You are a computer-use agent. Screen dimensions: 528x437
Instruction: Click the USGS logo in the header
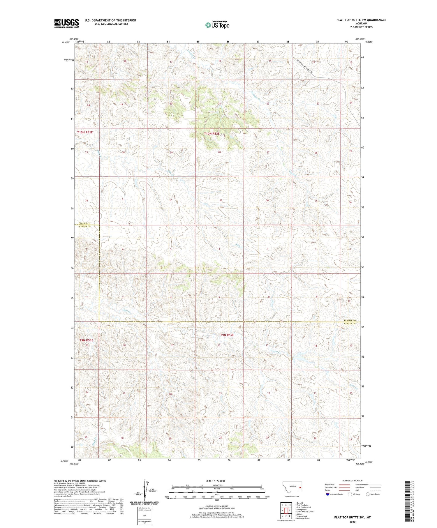(66, 23)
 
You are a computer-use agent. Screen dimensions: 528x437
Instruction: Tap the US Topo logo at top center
(217, 25)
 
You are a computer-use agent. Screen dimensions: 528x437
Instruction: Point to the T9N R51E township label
(86, 340)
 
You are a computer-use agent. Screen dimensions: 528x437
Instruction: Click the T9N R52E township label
(227, 335)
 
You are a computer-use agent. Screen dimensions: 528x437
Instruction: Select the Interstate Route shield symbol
(328, 494)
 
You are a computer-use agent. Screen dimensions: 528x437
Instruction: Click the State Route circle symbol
(368, 494)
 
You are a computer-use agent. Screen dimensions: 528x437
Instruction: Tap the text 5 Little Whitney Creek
(304, 511)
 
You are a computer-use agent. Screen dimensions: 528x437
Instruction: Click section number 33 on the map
(221, 200)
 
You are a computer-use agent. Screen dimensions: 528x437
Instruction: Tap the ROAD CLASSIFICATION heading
(352, 481)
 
